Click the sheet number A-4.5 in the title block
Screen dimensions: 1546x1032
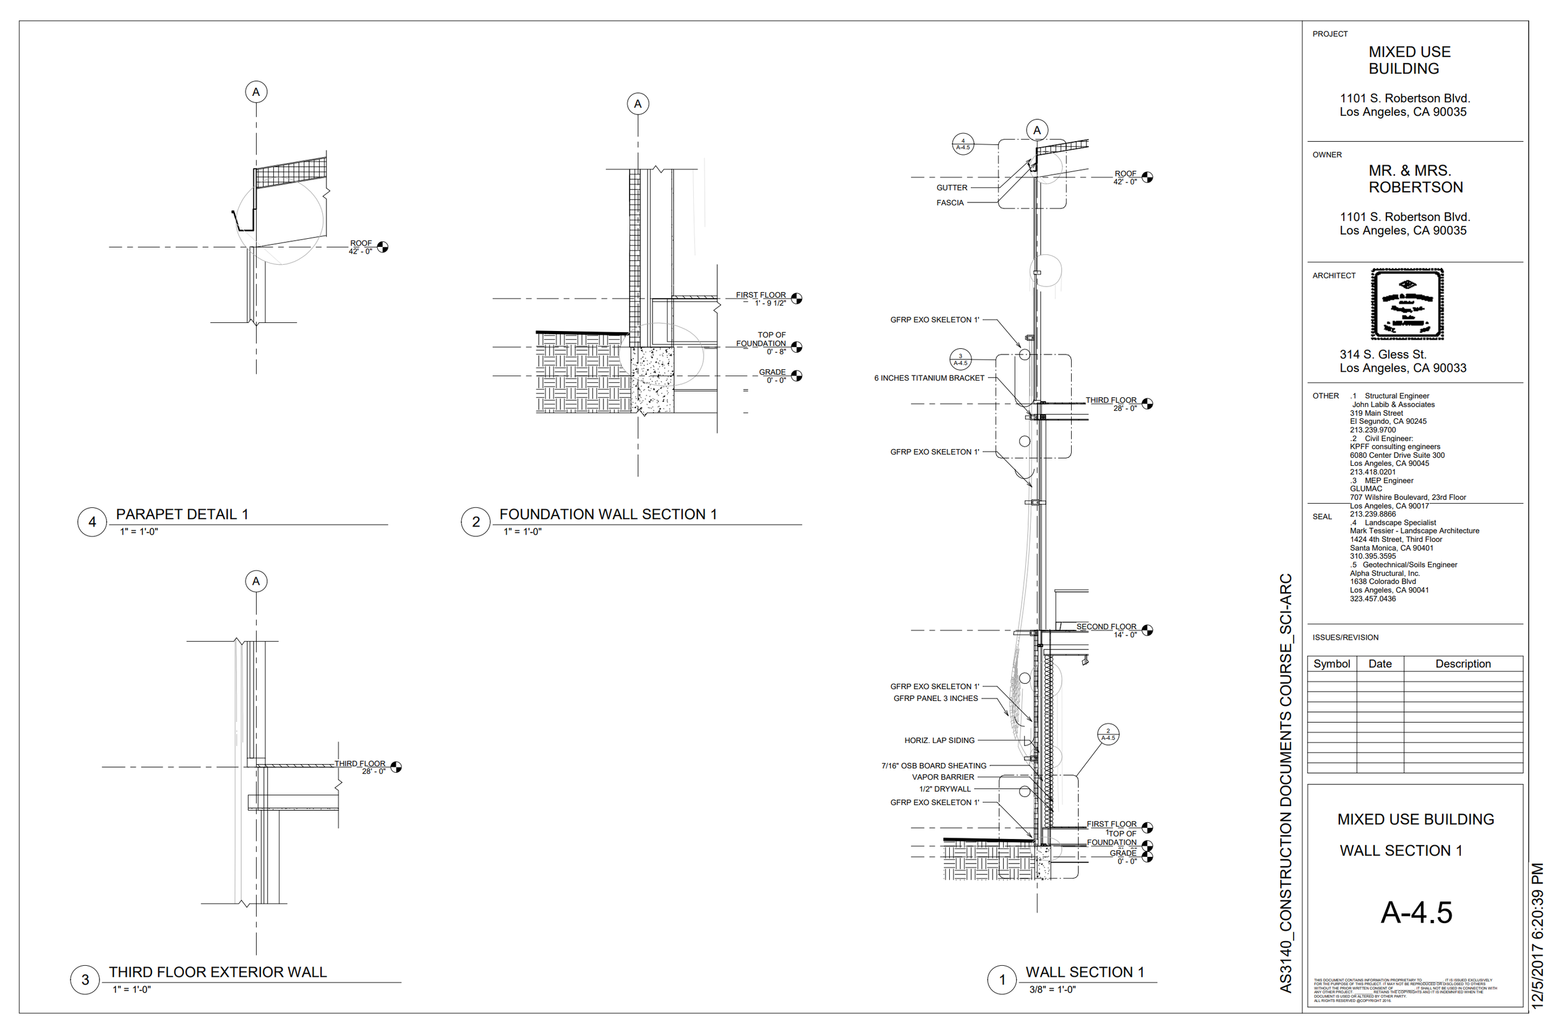click(x=1416, y=912)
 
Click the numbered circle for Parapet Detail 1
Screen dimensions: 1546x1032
click(x=92, y=522)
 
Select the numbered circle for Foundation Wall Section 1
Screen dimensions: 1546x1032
click(x=476, y=522)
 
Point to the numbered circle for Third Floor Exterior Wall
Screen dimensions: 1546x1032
click(x=85, y=979)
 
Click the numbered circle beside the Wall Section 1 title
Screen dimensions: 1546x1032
click(x=1002, y=979)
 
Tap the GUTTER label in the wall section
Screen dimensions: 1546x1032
click(x=951, y=187)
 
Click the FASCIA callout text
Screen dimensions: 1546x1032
click(x=949, y=203)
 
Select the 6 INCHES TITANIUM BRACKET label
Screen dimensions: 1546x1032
click(x=929, y=378)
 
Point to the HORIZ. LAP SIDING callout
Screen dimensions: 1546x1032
click(x=939, y=741)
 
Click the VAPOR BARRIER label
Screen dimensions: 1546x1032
click(x=942, y=777)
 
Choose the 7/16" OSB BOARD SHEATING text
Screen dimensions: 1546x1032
click(x=934, y=765)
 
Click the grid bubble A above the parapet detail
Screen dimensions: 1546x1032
click(x=256, y=92)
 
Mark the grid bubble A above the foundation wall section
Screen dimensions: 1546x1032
click(x=638, y=104)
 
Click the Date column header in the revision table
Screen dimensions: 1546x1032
click(x=1380, y=663)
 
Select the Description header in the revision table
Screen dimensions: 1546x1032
click(x=1463, y=663)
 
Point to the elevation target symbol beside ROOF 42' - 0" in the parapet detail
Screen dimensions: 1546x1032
click(x=382, y=247)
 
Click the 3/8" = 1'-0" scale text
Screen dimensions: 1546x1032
click(x=1052, y=989)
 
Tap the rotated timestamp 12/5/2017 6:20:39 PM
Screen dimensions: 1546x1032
click(x=1537, y=935)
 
